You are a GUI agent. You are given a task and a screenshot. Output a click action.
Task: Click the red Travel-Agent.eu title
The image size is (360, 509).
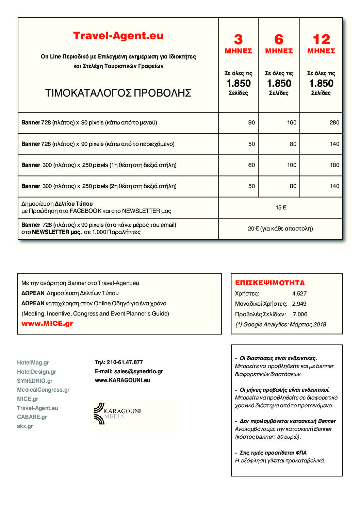coord(118,36)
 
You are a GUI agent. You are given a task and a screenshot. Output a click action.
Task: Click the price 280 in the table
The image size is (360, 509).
coord(334,122)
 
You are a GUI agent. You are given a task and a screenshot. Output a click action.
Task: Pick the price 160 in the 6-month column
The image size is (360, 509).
coord(292,122)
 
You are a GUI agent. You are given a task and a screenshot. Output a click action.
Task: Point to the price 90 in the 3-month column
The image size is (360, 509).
coord(251,122)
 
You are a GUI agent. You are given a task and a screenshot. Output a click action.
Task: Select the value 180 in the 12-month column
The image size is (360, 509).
coord(334,165)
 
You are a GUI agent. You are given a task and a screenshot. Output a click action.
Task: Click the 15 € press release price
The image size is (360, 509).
coord(281,207)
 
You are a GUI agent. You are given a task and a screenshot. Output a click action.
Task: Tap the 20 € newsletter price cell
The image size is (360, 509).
coord(280,228)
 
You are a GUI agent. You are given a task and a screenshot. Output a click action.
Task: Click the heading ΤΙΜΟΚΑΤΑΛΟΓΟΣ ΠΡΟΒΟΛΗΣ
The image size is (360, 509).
coord(118,93)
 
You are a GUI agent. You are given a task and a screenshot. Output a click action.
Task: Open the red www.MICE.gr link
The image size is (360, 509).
coord(47,323)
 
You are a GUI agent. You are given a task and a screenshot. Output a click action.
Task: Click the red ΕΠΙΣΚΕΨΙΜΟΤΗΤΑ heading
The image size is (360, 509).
coord(270,283)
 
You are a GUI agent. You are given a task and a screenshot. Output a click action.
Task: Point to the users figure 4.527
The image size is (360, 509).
coord(299,293)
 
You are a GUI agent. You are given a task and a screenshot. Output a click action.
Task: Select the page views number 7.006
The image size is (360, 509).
coord(300,314)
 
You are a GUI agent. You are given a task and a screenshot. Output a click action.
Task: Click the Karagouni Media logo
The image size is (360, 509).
coord(117,413)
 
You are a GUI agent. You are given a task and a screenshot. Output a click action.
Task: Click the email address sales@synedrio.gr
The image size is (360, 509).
coord(138,371)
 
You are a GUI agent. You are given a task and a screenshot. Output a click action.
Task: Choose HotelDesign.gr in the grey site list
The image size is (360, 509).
coord(36,372)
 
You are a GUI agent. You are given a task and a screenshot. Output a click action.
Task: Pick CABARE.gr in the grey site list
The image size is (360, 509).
coord(32,417)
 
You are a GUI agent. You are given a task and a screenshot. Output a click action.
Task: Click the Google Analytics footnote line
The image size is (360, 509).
coord(281,324)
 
